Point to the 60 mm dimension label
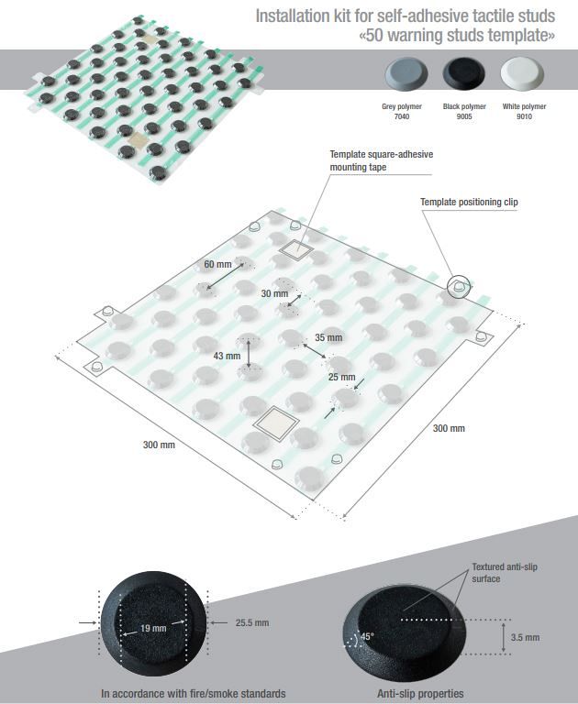tap(217, 265)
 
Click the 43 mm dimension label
tap(226, 355)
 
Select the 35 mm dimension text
tap(328, 337)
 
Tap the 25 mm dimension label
tap(342, 377)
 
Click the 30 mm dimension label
tap(273, 294)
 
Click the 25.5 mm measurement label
tap(251, 622)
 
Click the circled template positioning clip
tap(457, 287)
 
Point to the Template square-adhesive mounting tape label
tap(381, 160)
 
